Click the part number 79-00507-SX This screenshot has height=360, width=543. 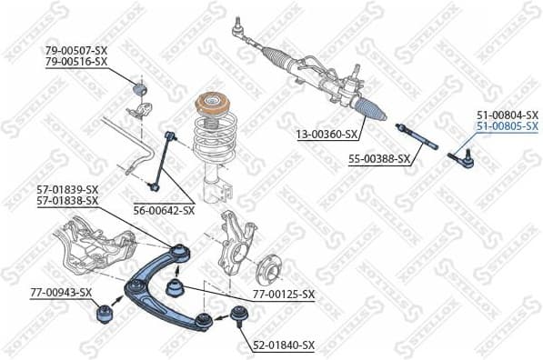coord(76,49)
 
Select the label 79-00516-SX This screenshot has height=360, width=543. coord(76,61)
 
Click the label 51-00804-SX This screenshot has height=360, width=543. coord(507,115)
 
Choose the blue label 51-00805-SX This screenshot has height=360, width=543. coord(507,127)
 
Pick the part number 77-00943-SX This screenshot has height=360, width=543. coord(61,292)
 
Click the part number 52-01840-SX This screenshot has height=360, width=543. coord(284,345)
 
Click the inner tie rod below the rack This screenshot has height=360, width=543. coord(417,137)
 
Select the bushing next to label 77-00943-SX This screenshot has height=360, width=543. coord(104,315)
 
